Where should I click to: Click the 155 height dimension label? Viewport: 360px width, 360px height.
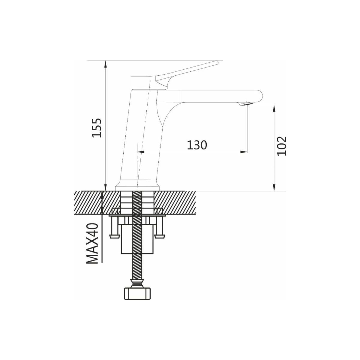tap(97, 128)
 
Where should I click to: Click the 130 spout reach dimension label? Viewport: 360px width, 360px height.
tap(197, 145)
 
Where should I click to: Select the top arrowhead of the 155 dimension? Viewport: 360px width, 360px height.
tap(106, 64)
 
